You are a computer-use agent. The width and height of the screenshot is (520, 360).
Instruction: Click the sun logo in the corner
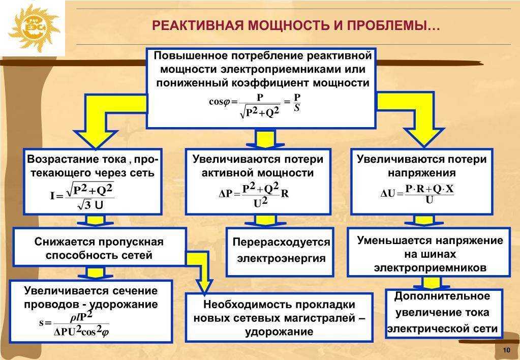pos(33,28)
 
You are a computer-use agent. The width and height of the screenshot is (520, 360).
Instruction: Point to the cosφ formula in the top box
pos(255,106)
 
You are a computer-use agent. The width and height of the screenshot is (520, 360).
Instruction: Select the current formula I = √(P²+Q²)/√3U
pos(82,196)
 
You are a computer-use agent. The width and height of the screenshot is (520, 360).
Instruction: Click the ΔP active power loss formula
pos(254,195)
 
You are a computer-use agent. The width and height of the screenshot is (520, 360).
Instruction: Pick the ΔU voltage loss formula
pos(417,194)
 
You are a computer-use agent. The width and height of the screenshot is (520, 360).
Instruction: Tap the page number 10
pos(506,350)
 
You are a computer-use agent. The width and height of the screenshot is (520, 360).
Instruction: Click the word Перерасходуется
pos(281,242)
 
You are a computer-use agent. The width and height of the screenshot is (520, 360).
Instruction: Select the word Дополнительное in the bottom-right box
pos(442,295)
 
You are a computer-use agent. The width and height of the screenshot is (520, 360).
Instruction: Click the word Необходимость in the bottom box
pos(246,304)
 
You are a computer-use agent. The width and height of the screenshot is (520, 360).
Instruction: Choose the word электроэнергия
pos(282,258)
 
